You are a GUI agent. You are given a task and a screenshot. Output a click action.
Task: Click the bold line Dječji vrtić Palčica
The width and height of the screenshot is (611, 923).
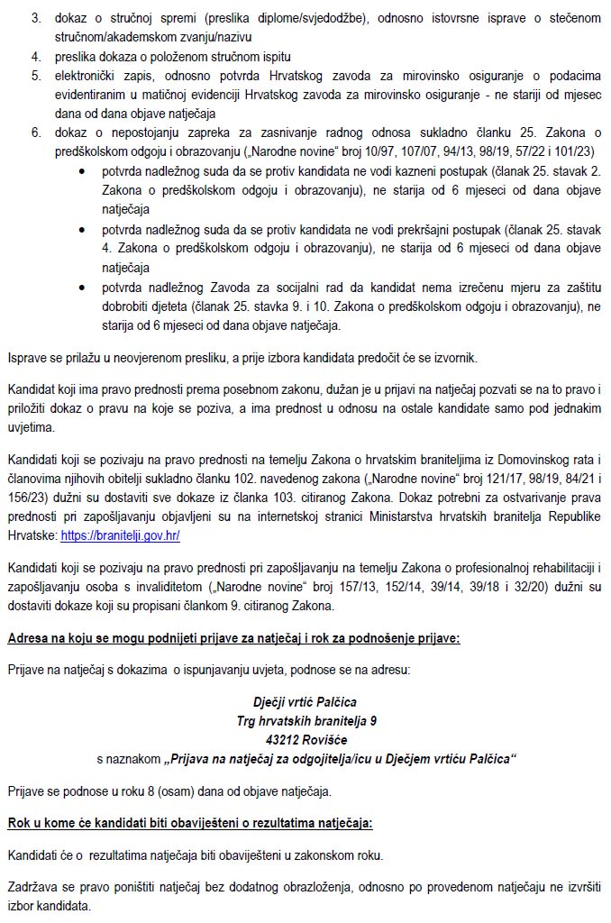[x=305, y=701]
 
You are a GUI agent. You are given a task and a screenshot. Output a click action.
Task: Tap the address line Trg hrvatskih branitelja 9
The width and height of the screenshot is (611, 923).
[x=305, y=720]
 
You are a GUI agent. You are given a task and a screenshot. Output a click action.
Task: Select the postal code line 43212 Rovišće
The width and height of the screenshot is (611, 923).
[x=305, y=739]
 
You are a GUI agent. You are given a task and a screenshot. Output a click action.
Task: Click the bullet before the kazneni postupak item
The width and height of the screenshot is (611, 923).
[x=83, y=170]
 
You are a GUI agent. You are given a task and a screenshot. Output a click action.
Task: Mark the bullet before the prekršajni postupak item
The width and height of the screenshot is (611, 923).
[x=83, y=228]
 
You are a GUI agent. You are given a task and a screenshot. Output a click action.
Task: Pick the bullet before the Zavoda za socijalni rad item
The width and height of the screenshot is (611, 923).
[x=83, y=287]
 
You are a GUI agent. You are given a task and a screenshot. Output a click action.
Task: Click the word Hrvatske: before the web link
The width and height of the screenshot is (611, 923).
[x=32, y=535]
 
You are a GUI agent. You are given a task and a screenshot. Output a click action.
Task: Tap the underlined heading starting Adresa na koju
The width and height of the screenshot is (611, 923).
[x=233, y=638]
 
